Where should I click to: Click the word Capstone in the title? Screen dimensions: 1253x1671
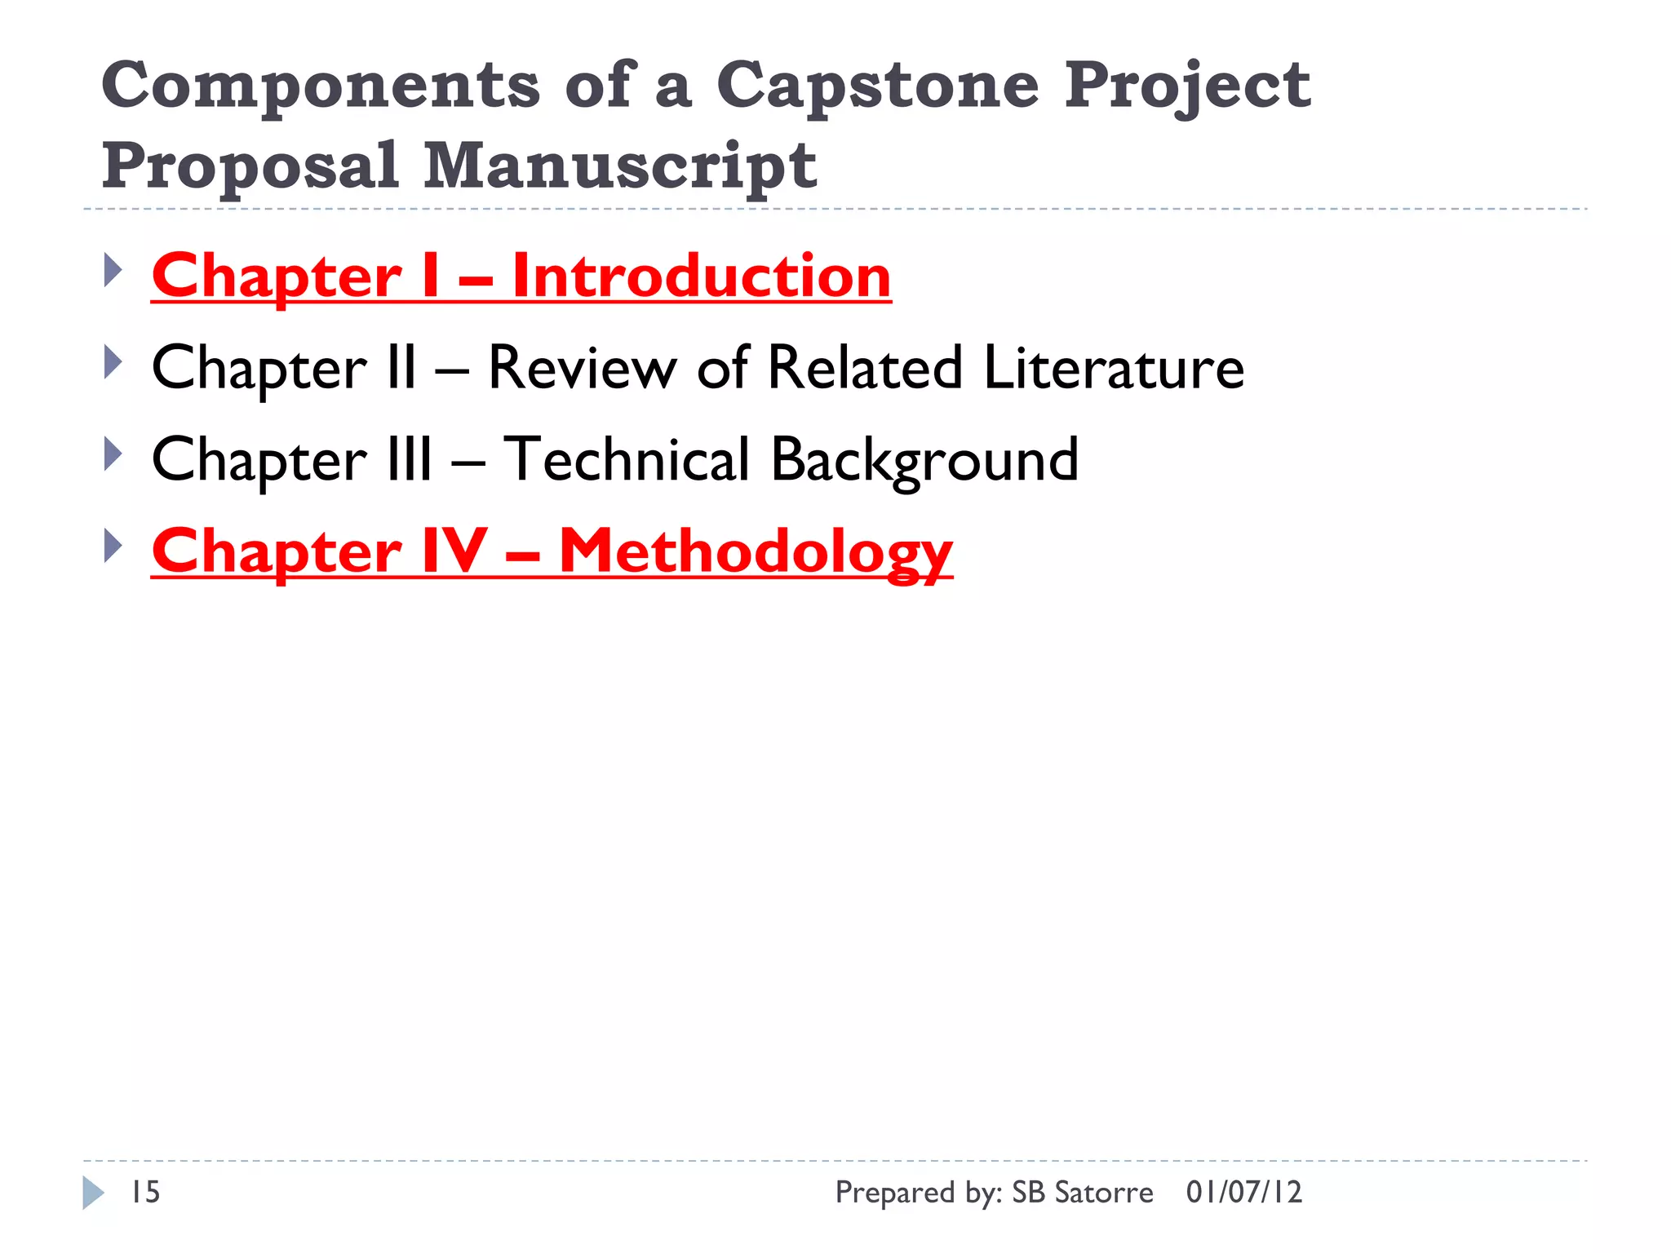click(x=877, y=86)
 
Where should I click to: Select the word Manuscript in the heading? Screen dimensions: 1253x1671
click(x=620, y=166)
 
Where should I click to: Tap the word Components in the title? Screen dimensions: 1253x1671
click(x=321, y=86)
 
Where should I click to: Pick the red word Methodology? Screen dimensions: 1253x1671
click(x=756, y=552)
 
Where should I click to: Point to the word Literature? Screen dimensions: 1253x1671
click(x=1114, y=368)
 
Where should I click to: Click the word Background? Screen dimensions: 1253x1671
click(x=924, y=460)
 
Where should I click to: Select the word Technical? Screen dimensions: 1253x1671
click(x=626, y=459)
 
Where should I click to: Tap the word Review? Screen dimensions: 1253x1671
click(x=582, y=368)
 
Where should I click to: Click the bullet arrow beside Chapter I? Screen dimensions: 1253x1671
click(x=113, y=270)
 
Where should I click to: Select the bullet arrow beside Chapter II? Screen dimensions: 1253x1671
click(x=113, y=362)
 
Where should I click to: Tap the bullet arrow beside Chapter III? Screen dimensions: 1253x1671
click(x=113, y=454)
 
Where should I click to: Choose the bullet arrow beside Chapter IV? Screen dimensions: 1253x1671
click(x=113, y=546)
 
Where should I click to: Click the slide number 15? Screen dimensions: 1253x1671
click(x=145, y=1193)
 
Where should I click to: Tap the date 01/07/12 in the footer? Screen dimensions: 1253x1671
click(x=1243, y=1193)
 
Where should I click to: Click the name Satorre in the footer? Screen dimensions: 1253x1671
click(x=1104, y=1193)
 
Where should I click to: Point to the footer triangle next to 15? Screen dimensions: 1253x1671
click(x=93, y=1193)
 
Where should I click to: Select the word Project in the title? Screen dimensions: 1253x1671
click(x=1187, y=86)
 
